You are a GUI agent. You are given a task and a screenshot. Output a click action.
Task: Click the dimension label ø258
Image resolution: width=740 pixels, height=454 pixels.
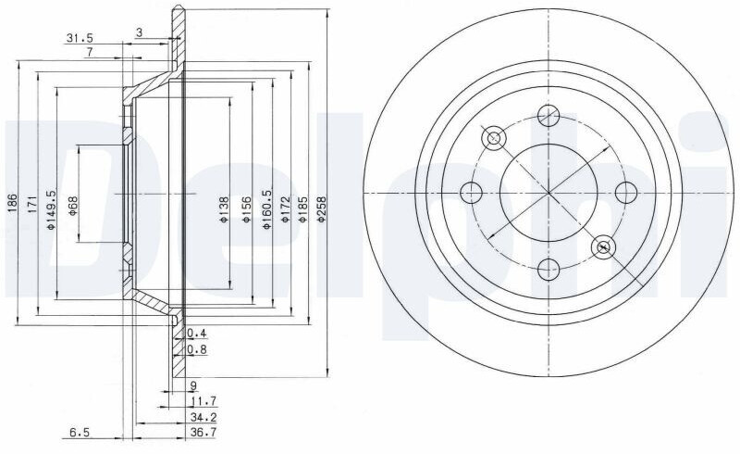point(322,209)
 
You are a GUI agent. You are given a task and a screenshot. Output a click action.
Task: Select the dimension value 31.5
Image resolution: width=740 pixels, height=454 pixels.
point(80,38)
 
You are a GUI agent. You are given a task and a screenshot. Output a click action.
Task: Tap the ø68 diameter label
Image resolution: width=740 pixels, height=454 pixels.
point(73,206)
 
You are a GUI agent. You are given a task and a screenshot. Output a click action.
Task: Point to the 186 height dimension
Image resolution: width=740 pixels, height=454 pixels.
point(13,203)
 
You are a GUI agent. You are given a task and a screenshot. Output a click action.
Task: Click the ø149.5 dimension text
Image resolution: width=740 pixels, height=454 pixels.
point(51,209)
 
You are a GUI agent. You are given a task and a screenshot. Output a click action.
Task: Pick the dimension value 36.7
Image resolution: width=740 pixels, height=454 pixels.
point(203,433)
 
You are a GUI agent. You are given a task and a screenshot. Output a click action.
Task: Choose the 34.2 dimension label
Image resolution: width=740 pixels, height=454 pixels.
point(203,417)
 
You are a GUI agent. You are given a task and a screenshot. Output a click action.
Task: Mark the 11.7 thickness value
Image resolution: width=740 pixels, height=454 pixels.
point(203,401)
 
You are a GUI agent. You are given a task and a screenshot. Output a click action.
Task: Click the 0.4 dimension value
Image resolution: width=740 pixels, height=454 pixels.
point(197,334)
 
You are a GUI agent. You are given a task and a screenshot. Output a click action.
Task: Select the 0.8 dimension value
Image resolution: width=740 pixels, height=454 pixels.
point(197,350)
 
